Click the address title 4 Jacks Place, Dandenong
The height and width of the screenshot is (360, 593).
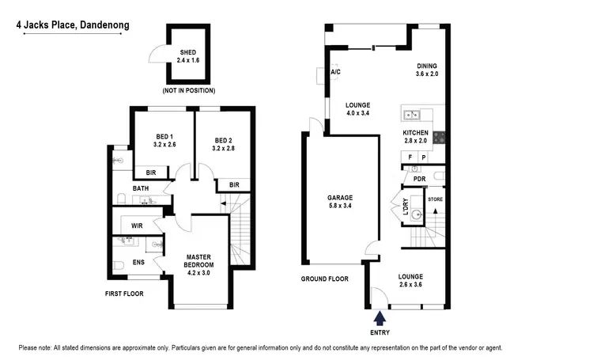pos(73,25)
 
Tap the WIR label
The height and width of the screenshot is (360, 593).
pos(137,225)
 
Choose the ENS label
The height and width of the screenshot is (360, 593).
pos(138,262)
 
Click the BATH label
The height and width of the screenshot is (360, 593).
pos(141,188)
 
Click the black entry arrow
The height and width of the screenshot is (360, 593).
pos(380,317)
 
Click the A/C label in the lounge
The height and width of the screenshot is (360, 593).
pos(335,74)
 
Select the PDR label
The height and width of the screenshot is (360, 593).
pos(419,178)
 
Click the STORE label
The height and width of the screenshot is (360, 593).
pos(435,199)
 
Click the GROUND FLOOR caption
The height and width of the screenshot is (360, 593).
pos(324,279)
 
